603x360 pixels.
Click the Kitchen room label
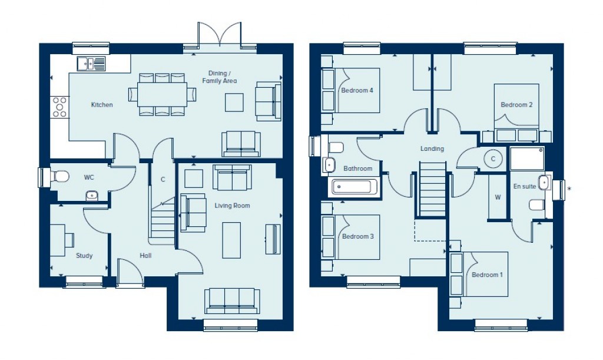101,105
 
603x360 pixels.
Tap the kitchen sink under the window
91,63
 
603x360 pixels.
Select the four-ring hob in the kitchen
59,107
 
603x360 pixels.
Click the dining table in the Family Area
162,94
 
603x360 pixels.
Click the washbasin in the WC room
91,196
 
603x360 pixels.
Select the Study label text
84,256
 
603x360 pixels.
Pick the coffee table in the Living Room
231,240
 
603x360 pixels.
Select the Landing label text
432,149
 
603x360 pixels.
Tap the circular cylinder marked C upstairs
493,158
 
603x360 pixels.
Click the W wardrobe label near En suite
498,197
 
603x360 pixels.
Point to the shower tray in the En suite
526,159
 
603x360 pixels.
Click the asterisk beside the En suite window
569,189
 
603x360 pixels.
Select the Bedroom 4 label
357,91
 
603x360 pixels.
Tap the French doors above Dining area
220,35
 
